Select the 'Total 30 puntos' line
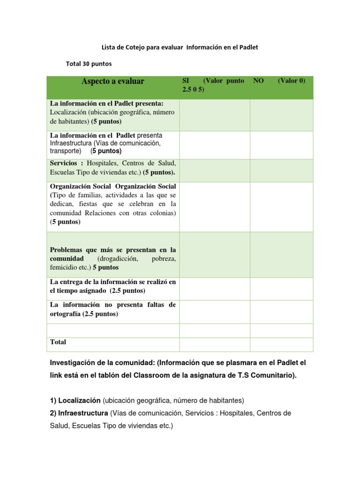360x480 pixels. pos(89,63)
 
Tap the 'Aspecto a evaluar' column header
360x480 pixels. pos(113,82)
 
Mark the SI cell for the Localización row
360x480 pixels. pos(214,115)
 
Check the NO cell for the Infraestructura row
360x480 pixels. pos(281,145)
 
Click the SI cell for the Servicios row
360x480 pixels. pos(214,170)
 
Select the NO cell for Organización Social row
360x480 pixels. pos(281,207)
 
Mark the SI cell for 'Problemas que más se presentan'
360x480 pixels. pos(214,255)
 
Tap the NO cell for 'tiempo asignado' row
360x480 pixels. pos(281,289)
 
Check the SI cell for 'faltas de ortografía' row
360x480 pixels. pos(214,312)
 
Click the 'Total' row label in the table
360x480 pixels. pos(58,342)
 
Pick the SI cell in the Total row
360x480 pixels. pos(214,344)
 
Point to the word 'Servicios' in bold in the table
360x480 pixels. pos(64,163)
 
